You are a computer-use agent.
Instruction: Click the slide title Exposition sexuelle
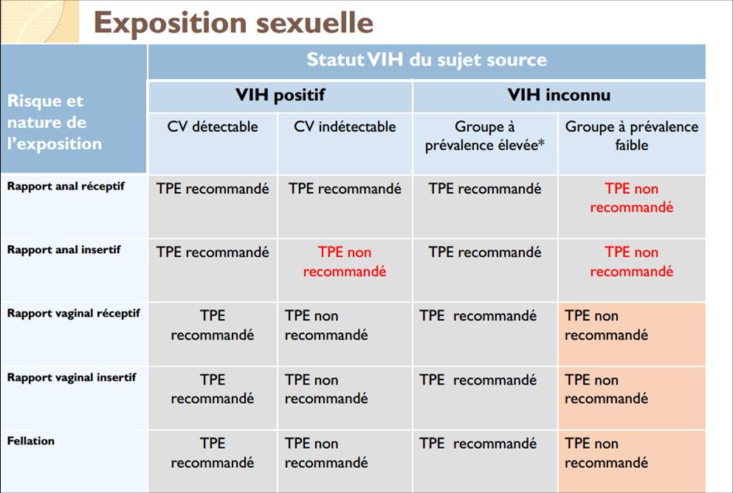point(233,22)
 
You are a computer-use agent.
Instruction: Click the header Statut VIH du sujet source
point(427,60)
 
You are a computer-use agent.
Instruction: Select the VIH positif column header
point(280,95)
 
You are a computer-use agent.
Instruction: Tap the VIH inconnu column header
point(559,95)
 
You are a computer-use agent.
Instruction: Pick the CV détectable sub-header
point(213,127)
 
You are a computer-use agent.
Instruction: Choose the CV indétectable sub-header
point(345,127)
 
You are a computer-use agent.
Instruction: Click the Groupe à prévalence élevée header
point(485,136)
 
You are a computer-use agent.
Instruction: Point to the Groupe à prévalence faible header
point(632,136)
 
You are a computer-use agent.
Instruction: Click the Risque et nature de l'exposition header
point(54,122)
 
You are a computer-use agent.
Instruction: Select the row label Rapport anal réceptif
point(66,186)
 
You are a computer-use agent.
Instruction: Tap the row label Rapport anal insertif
point(63,249)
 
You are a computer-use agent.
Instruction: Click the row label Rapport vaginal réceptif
point(73,313)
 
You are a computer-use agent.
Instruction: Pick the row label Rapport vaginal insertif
point(72,377)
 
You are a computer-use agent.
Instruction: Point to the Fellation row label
point(30,441)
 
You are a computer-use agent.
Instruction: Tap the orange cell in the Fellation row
point(632,461)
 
